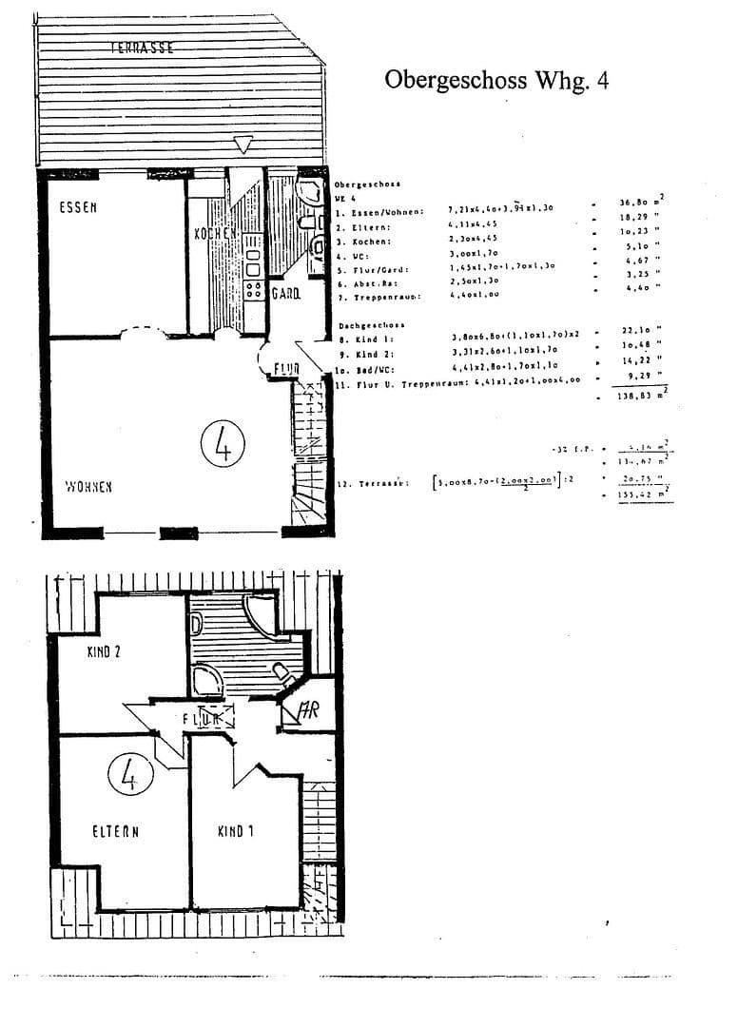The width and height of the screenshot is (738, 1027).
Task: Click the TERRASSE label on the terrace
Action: click(142, 47)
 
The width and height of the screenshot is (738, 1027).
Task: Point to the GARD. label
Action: click(285, 294)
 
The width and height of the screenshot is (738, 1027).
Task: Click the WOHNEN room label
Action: click(88, 487)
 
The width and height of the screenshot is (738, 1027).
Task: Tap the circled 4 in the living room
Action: click(224, 445)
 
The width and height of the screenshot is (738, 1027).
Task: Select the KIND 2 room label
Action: click(108, 652)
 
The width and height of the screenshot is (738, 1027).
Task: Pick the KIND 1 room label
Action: click(236, 831)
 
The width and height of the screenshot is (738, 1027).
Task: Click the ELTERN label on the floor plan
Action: click(116, 831)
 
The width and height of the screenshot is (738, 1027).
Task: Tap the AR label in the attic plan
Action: click(309, 709)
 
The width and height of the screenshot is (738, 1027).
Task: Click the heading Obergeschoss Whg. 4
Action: click(495, 80)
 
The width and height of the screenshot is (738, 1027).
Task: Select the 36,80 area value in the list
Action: click(637, 202)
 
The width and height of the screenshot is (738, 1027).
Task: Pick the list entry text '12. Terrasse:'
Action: click(373, 483)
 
